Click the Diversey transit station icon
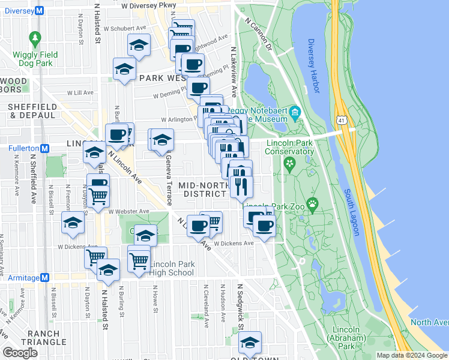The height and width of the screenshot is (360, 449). (x=40, y=10)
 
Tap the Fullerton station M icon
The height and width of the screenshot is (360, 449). (x=44, y=148)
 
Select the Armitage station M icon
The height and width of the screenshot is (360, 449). (x=44, y=277)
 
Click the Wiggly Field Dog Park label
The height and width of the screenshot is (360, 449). (x=35, y=58)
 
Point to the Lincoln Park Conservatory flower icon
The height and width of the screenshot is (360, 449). (x=290, y=163)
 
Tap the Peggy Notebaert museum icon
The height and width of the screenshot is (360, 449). (x=294, y=112)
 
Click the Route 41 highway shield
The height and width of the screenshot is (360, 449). (x=341, y=121)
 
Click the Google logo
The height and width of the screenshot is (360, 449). (x=20, y=353)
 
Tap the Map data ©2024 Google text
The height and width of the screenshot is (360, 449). (x=412, y=355)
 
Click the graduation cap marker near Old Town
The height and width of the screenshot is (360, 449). (x=250, y=343)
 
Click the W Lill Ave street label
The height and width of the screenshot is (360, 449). (x=80, y=93)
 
